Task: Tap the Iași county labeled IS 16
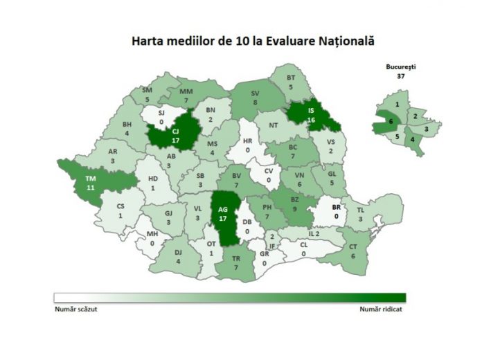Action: pyautogui.click(x=311, y=114)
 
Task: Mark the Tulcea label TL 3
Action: pyautogui.click(x=360, y=214)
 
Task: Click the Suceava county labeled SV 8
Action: pyautogui.click(x=255, y=98)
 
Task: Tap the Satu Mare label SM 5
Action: pyautogui.click(x=148, y=95)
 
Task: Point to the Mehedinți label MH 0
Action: pyautogui.click(x=152, y=239)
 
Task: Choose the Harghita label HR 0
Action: pyautogui.click(x=247, y=145)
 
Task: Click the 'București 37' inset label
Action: pyautogui.click(x=400, y=72)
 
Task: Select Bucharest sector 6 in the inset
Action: pyautogui.click(x=391, y=122)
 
